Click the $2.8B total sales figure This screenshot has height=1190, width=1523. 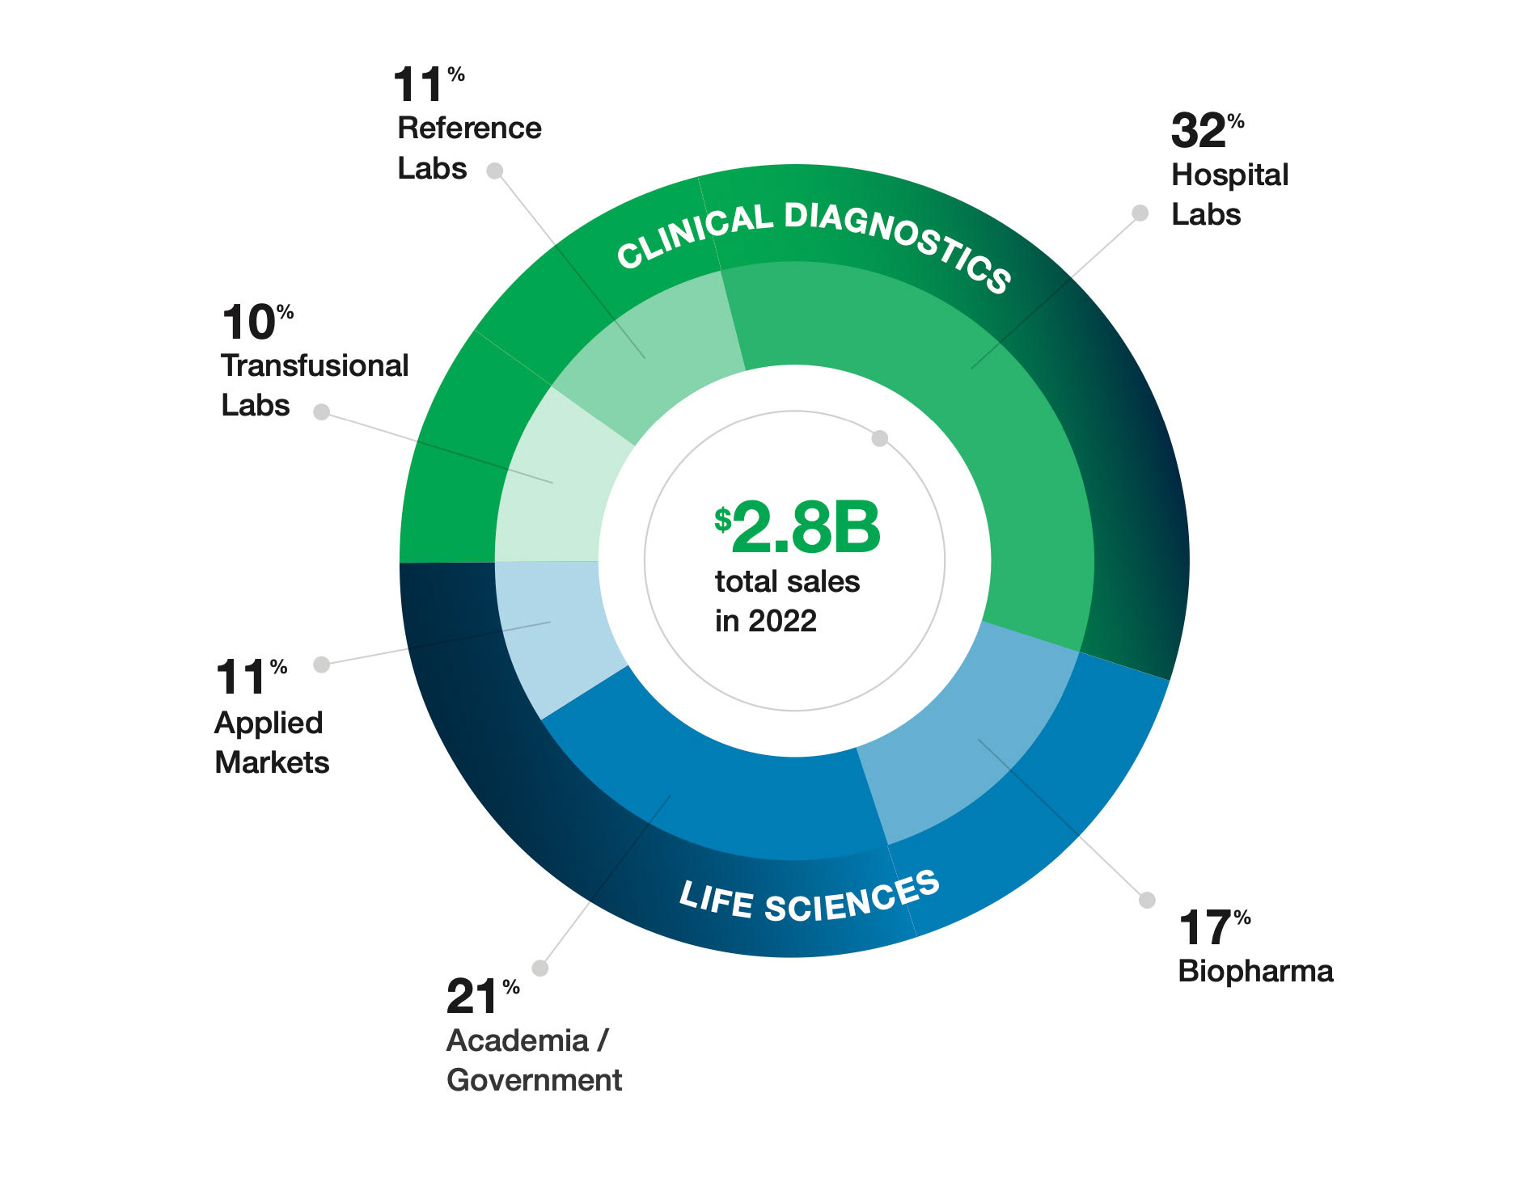pyautogui.click(x=797, y=527)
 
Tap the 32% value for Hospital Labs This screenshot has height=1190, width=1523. pyautogui.click(x=1207, y=131)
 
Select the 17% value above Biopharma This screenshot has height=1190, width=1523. pyautogui.click(x=1213, y=927)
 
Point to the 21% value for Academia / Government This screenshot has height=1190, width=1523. pyautogui.click(x=482, y=996)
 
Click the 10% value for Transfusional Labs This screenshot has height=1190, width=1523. pyautogui.click(x=256, y=323)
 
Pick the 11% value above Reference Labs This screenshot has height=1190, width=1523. pyautogui.click(x=428, y=85)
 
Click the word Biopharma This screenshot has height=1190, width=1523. pyautogui.click(x=1255, y=971)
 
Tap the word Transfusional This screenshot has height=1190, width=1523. pyautogui.click(x=315, y=365)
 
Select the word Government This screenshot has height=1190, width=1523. pyautogui.click(x=534, y=1080)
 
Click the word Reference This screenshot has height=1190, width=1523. pyautogui.click(x=469, y=128)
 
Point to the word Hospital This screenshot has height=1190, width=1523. pyautogui.click(x=1229, y=175)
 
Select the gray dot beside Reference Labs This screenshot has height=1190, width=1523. pyautogui.click(x=495, y=171)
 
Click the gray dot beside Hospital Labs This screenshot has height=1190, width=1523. pyautogui.click(x=1140, y=213)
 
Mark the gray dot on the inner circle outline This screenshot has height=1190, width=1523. pyautogui.click(x=880, y=438)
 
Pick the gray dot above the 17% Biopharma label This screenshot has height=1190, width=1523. pyautogui.click(x=1147, y=900)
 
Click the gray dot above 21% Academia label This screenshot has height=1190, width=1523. pyautogui.click(x=540, y=968)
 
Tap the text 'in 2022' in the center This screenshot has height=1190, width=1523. pyautogui.click(x=765, y=621)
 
